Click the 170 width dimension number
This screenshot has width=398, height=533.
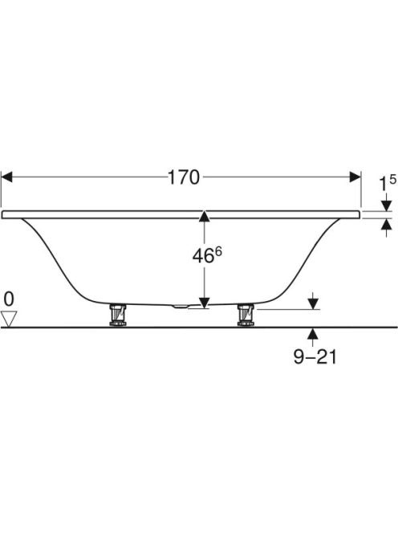184,177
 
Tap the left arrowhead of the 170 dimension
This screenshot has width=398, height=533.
6,177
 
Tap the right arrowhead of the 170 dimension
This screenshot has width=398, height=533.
355,177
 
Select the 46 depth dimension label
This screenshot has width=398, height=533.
203,256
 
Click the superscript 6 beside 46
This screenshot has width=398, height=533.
218,252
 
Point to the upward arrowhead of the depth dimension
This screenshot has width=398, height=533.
204,217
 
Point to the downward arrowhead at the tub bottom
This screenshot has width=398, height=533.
204,303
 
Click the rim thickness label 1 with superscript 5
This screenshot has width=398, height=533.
388,183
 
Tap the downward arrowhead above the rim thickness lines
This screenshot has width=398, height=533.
387,205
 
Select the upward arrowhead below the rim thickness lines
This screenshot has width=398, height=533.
387,224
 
